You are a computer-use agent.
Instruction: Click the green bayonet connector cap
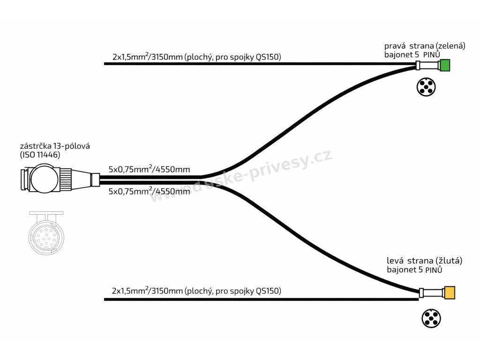point(445,65)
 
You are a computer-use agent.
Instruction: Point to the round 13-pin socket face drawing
point(45,237)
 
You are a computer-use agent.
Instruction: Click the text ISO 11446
point(39,155)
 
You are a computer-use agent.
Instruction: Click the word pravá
point(395,46)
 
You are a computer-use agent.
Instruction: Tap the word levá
point(396,261)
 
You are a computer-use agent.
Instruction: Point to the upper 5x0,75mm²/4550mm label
point(149,169)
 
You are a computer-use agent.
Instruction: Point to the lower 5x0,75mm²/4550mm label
point(149,191)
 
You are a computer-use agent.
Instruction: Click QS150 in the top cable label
point(268,58)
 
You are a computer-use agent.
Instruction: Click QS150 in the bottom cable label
point(269,291)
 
